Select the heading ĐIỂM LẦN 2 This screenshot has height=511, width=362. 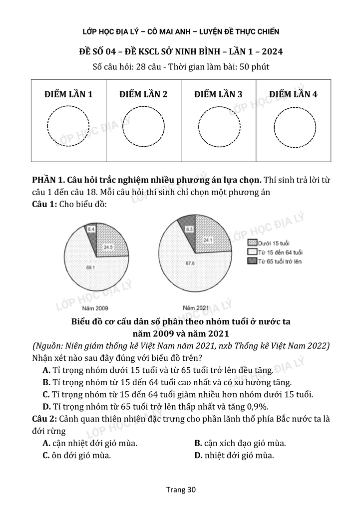[143, 94]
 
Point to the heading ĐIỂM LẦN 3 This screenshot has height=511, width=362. [218, 94]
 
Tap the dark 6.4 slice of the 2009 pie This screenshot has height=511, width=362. [91, 231]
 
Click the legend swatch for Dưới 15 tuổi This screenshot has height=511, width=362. [252, 242]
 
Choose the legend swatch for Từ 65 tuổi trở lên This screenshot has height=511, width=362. [252, 261]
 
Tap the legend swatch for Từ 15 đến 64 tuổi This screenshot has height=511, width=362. [252, 252]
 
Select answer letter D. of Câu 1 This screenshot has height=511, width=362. [47, 406]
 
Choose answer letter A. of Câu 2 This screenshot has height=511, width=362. [47, 443]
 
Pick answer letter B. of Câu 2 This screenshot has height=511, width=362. [198, 443]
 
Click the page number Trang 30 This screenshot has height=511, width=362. [181, 490]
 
